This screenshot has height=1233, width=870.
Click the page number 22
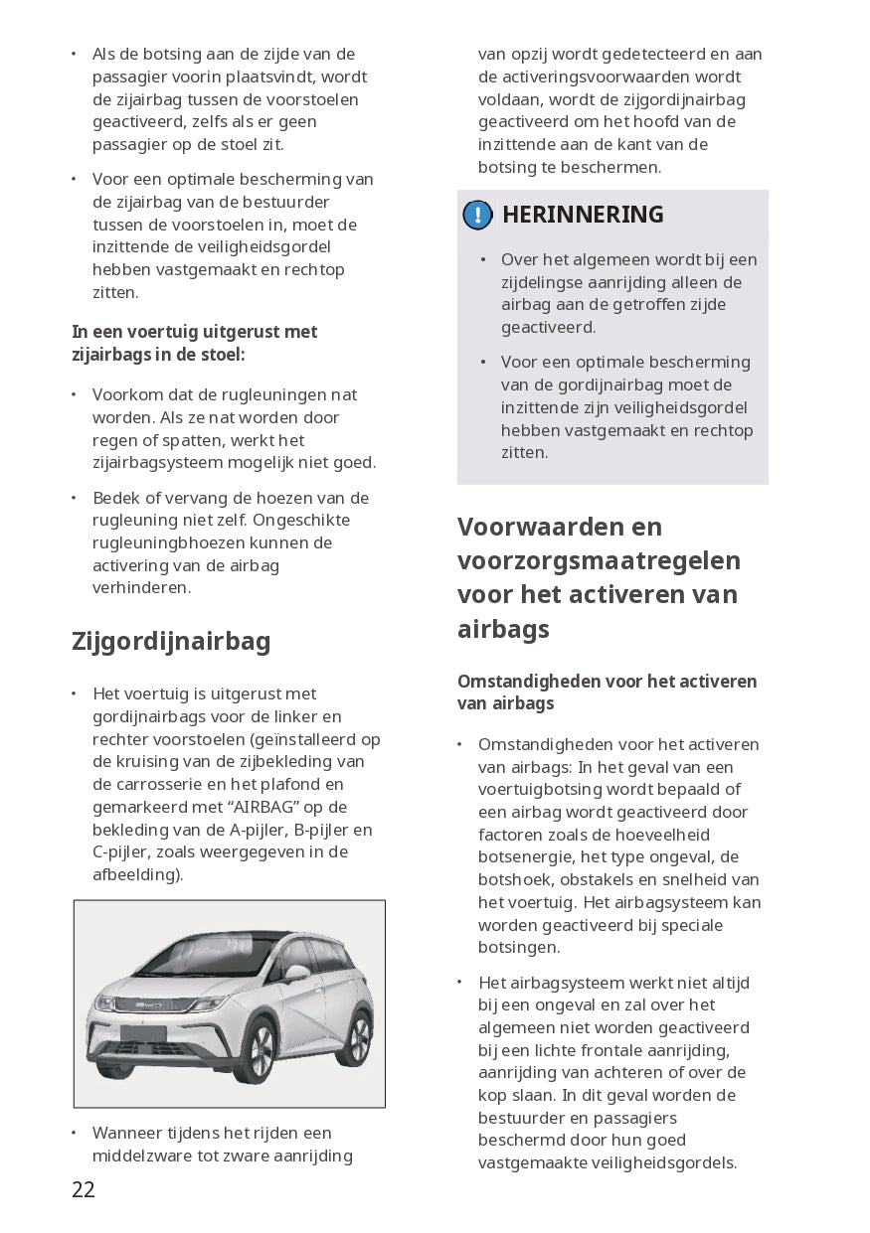coord(84,1189)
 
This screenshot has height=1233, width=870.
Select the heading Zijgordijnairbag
coord(171,642)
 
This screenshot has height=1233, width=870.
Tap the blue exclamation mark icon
coord(477,215)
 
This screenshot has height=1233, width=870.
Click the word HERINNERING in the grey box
coord(583,215)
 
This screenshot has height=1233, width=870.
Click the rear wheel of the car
coord(355,1027)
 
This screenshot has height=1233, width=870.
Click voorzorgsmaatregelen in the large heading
coord(599,560)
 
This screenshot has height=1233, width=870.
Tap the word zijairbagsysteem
coord(167,462)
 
